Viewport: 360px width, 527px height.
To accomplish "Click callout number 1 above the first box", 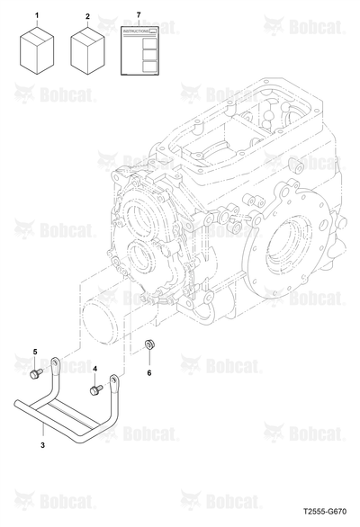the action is [37, 15].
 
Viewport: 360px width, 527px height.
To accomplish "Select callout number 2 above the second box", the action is [88, 16].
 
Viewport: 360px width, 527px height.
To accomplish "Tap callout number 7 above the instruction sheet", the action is [139, 15].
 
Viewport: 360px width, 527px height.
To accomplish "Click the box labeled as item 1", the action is [37, 49].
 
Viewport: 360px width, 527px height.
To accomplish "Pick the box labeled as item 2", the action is [87, 50].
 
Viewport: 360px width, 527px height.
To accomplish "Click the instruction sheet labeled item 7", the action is [139, 50].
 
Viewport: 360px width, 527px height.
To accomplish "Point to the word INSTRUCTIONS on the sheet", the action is [136, 31].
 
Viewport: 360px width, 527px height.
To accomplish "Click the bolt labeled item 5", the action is [36, 373].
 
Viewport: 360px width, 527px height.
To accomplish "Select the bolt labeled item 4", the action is [96, 390].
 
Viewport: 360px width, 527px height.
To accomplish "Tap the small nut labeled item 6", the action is [149, 344].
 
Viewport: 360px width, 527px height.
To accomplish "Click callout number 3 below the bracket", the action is [42, 445].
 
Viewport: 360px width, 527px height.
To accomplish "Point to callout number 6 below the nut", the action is [149, 372].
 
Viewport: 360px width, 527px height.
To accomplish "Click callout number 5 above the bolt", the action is [35, 352].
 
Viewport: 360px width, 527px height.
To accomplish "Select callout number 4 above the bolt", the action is [94, 369].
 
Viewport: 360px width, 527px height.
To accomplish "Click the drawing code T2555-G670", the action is [325, 512].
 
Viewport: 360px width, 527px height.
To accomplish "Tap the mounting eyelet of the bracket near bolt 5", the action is [55, 362].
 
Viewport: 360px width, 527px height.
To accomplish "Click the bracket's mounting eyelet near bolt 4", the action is [114, 380].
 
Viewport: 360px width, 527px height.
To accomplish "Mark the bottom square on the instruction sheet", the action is [149, 67].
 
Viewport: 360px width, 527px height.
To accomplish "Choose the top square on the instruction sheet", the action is [149, 43].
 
